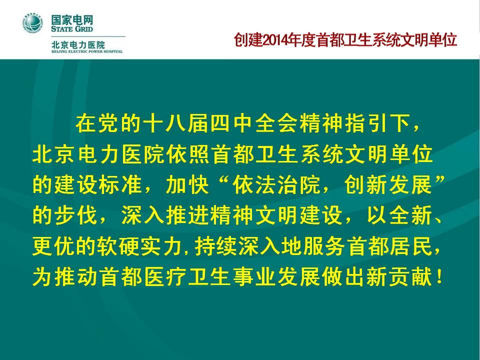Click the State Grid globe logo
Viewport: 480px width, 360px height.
pyautogui.click(x=33, y=23)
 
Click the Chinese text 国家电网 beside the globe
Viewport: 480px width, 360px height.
pyautogui.click(x=72, y=20)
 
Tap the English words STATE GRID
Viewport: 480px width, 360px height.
pyautogui.click(x=72, y=29)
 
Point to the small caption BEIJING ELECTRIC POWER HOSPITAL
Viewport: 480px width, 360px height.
pyautogui.click(x=87, y=51)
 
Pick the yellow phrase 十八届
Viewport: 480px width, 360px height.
pyautogui.click(x=176, y=123)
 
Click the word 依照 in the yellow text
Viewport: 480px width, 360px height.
pyautogui.click(x=189, y=154)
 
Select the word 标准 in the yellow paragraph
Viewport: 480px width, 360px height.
pyautogui.click(x=120, y=184)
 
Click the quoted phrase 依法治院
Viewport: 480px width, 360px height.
pyautogui.click(x=276, y=184)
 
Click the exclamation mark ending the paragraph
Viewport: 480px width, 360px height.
pyautogui.click(x=439, y=276)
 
